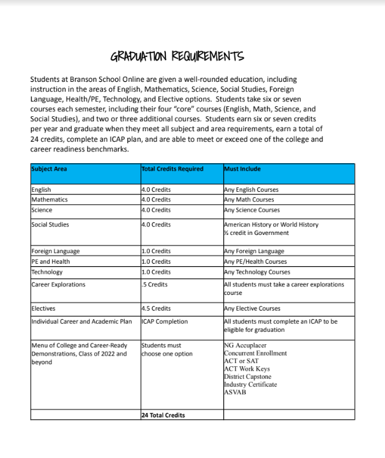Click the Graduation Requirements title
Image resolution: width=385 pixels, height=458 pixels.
pyautogui.click(x=177, y=57)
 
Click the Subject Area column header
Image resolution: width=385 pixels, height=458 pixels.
pyautogui.click(x=49, y=169)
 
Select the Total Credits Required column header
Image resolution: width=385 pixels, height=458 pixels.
pyautogui.click(x=172, y=169)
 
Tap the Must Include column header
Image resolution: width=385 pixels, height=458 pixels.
pyautogui.click(x=242, y=169)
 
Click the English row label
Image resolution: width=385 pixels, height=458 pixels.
pyautogui.click(x=41, y=189)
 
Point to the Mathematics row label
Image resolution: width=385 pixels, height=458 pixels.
pyautogui.click(x=49, y=200)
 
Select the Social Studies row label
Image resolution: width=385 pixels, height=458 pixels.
pyautogui.click(x=50, y=224)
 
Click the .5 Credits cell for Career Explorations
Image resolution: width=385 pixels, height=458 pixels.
pyautogui.click(x=156, y=284)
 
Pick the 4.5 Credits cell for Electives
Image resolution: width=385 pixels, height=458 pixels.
pyautogui.click(x=157, y=308)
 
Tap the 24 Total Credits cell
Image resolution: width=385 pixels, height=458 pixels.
pyautogui.click(x=163, y=415)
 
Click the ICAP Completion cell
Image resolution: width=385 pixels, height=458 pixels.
pyautogui.click(x=165, y=321)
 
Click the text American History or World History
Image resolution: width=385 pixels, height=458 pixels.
pyautogui.click(x=271, y=224)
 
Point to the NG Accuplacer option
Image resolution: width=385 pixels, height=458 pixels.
pyautogui.click(x=246, y=345)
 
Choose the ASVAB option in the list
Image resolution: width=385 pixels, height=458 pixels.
pyautogui.click(x=235, y=392)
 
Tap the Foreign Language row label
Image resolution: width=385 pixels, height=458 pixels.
pyautogui.click(x=56, y=251)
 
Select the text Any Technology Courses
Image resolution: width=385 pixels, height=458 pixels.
pyautogui.click(x=257, y=272)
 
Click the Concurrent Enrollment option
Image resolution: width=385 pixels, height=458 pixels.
pyautogui.click(x=255, y=353)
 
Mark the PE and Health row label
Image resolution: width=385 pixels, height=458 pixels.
pyautogui.click(x=51, y=261)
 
